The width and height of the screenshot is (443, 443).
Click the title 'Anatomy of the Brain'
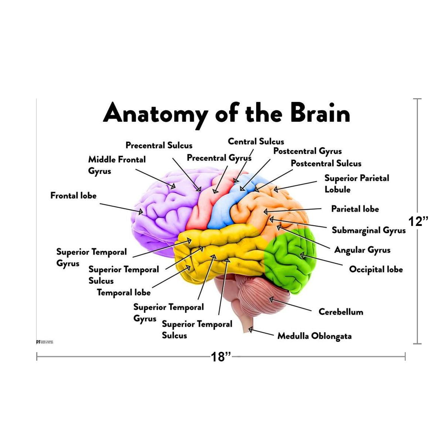[226, 114]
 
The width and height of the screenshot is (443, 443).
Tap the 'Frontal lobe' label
[73, 195]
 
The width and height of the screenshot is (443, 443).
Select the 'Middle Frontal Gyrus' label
[117, 165]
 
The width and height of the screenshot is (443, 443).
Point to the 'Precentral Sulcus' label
[159, 145]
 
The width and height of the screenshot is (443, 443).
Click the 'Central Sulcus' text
[256, 141]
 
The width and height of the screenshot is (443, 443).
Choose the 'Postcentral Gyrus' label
[307, 151]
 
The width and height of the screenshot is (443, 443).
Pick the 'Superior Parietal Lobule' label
[356, 183]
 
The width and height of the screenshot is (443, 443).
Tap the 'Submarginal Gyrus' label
[368, 230]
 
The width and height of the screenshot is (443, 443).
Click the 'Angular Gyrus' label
[362, 250]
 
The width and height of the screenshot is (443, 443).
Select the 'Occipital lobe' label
[376, 269]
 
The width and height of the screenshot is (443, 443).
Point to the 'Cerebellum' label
[340, 312]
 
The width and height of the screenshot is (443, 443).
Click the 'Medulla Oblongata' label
[314, 336]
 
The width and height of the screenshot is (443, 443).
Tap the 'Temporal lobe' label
[124, 292]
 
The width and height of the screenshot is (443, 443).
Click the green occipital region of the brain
[292, 258]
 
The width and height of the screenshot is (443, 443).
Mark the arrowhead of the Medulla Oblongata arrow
[250, 329]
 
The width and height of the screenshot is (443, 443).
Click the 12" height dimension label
[419, 221]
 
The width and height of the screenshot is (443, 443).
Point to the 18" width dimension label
[221, 357]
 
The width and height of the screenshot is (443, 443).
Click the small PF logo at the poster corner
[38, 342]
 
